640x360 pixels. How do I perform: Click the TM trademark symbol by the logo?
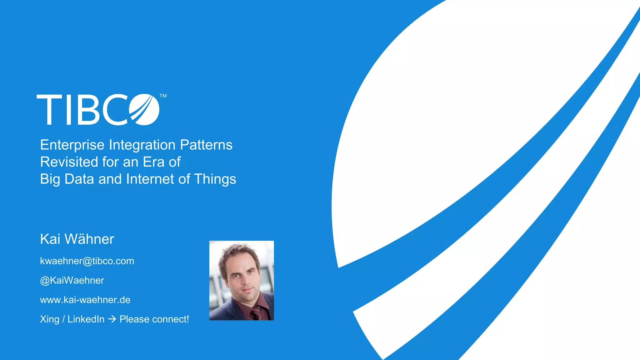(x=163, y=96)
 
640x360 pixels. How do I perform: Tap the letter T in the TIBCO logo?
(x=49, y=109)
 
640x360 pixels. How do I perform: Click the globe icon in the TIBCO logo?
(x=144, y=109)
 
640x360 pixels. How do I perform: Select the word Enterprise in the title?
(x=72, y=145)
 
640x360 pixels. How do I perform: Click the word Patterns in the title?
(x=206, y=145)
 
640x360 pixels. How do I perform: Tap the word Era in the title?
(x=153, y=162)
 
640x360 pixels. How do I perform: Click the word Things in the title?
(x=215, y=179)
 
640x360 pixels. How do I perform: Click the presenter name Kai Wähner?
(x=77, y=239)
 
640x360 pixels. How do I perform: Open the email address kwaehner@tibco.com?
(x=87, y=261)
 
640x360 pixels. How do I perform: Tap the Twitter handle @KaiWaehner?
(x=72, y=280)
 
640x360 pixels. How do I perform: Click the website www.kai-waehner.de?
(x=85, y=300)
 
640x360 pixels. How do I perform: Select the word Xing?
(x=49, y=319)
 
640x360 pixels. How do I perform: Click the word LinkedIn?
(x=86, y=319)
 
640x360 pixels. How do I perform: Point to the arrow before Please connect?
(x=112, y=319)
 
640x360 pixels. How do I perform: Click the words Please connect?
(x=154, y=319)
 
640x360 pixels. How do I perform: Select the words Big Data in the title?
(x=67, y=179)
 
